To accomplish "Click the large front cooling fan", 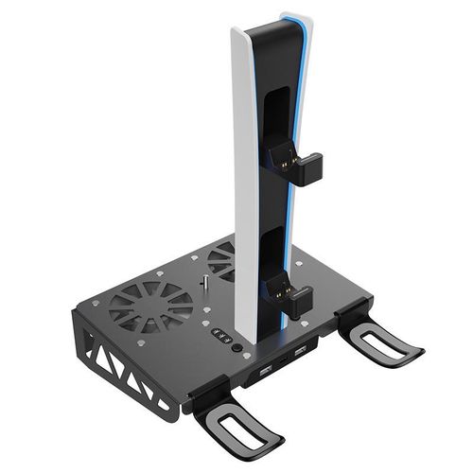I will click(x=151, y=305).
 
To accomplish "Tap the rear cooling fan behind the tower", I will click(x=221, y=258).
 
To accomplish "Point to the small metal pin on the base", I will click(x=202, y=285).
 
